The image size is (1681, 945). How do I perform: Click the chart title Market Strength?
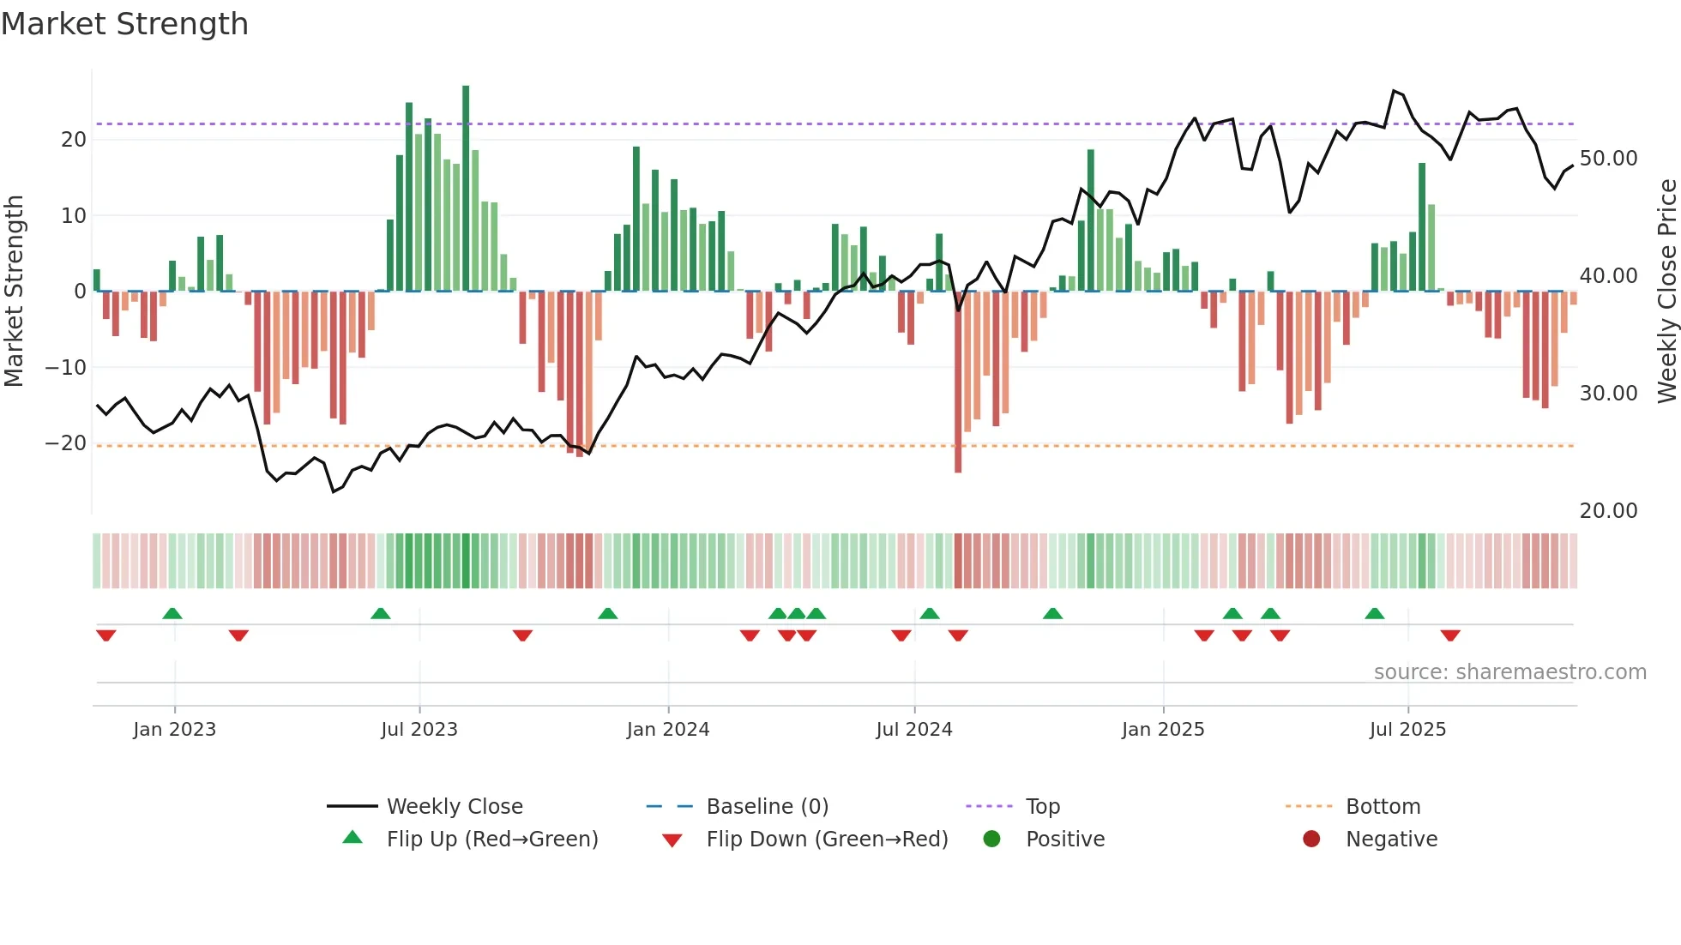pos(124,24)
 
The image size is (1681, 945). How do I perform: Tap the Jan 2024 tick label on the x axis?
pos(668,730)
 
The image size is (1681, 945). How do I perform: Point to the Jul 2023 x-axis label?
pos(419,730)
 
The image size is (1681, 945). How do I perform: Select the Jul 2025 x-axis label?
pos(1407,730)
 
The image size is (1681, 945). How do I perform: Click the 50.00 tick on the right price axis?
pos(1608,159)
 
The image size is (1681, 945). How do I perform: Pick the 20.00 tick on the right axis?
pos(1608,511)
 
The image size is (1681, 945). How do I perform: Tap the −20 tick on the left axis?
pos(66,443)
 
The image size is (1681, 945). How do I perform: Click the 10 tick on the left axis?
pos(74,216)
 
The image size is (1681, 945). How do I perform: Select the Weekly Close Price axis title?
pos(1666,292)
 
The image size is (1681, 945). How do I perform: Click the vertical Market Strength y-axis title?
pos(14,292)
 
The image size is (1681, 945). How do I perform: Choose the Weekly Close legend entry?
pos(454,807)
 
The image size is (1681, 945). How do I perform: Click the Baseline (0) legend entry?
pos(767,807)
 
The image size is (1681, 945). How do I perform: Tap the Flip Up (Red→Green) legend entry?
pos(491,840)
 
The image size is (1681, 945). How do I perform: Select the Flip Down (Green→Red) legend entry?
pos(826,840)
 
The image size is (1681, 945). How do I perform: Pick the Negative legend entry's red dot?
pos(1311,840)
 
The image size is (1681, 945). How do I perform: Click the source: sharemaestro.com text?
pos(1509,672)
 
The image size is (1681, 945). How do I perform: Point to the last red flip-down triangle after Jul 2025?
pos(1450,635)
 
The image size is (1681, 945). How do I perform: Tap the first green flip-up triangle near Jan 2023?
pos(172,613)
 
